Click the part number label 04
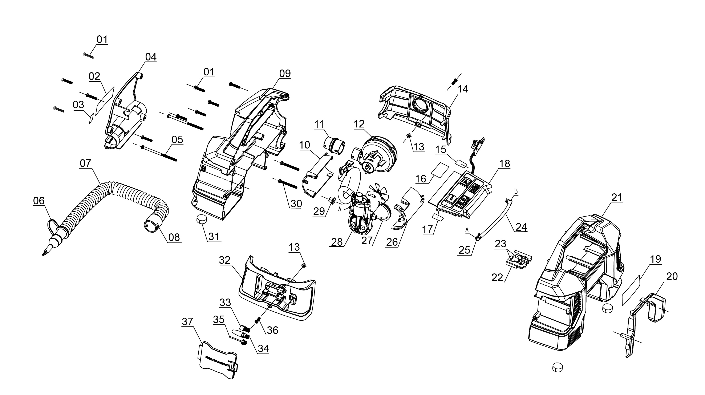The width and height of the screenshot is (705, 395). (x=151, y=57)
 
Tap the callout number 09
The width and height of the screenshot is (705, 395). (x=285, y=74)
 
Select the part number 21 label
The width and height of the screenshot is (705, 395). (x=617, y=197)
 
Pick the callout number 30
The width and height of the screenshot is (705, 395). (x=296, y=204)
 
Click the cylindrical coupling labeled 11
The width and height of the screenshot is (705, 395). (x=334, y=145)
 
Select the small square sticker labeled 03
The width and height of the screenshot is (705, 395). (x=91, y=119)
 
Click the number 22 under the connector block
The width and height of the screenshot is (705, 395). (x=497, y=278)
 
